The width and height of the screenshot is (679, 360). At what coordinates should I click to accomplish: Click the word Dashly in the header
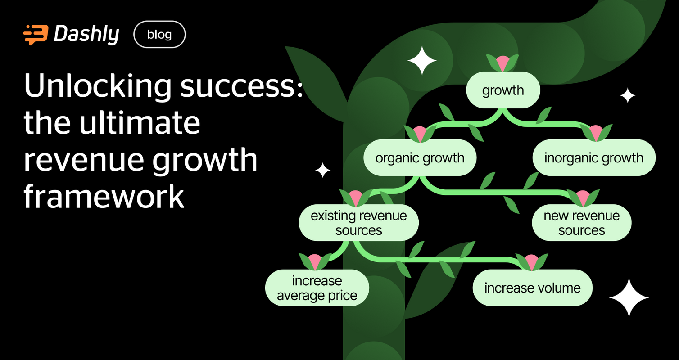tap(86, 35)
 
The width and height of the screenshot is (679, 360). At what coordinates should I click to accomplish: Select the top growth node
tap(503, 90)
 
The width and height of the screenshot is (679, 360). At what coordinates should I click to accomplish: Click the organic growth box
tap(420, 158)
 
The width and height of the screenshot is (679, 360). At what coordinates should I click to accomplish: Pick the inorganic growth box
tap(593, 158)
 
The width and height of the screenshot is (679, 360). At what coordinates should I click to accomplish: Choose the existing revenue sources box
tap(359, 223)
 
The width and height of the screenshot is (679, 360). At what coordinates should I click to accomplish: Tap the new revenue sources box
tap(581, 223)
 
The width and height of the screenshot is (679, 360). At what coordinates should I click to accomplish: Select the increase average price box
tap(317, 288)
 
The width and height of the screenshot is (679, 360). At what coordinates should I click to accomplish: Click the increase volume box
tap(532, 288)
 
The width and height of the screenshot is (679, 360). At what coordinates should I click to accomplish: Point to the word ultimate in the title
tap(140, 122)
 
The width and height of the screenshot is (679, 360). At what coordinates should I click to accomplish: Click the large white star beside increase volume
tap(629, 297)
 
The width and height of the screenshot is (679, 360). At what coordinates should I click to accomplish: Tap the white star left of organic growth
tap(322, 170)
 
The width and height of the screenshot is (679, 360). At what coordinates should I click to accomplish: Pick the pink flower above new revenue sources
tap(583, 198)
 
